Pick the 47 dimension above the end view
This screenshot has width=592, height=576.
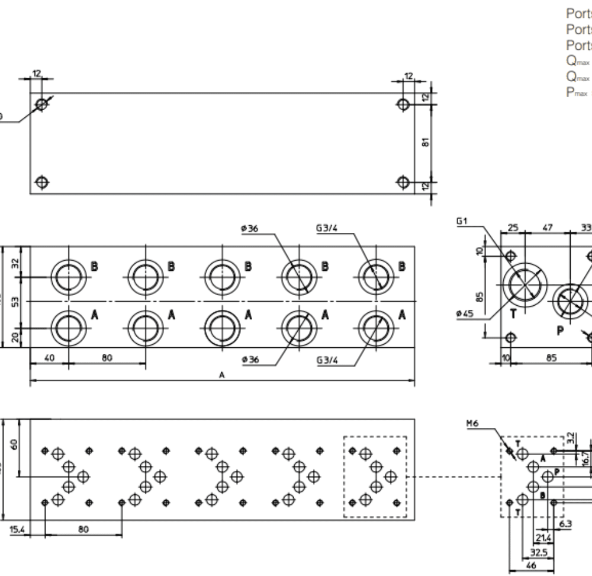(548, 227)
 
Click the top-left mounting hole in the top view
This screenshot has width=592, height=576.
(41, 105)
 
